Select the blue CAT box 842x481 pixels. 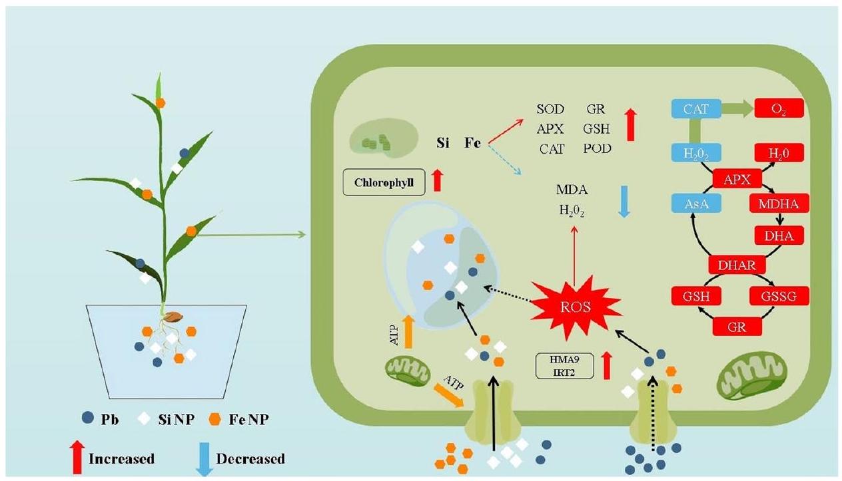(696, 108)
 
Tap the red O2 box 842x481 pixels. (778, 108)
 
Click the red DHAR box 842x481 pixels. (736, 265)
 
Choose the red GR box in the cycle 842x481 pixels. (736, 327)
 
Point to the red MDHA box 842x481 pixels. (778, 204)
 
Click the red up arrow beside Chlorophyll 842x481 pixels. (437, 180)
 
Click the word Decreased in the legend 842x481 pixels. (250, 458)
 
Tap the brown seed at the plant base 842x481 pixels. (175, 317)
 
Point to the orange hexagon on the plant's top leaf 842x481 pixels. (160, 102)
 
